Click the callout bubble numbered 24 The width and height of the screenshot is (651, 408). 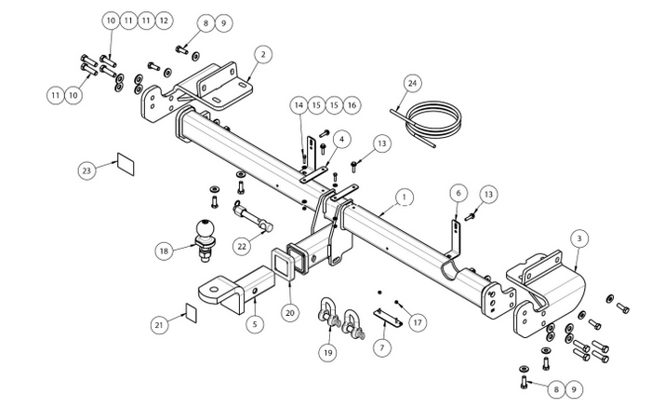[412, 83]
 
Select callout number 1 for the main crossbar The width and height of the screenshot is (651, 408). [405, 197]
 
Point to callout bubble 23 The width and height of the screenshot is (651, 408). [86, 170]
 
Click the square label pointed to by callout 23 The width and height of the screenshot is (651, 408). [126, 164]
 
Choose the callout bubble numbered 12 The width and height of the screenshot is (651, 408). [164, 20]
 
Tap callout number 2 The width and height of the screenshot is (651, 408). [263, 54]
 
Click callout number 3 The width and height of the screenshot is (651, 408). [579, 238]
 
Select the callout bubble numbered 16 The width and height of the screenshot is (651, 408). [352, 105]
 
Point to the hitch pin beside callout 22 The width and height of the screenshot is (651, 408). [252, 216]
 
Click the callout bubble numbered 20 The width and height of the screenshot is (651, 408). [290, 312]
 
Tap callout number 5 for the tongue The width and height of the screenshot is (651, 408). [255, 323]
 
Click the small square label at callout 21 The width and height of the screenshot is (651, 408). [191, 313]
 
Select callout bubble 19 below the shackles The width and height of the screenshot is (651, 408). [328, 353]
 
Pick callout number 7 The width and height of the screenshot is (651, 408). [382, 347]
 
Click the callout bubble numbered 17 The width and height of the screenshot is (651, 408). [418, 322]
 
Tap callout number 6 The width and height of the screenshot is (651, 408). [458, 193]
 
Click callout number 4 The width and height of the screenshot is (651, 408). [341, 140]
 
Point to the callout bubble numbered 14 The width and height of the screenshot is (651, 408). [299, 105]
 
